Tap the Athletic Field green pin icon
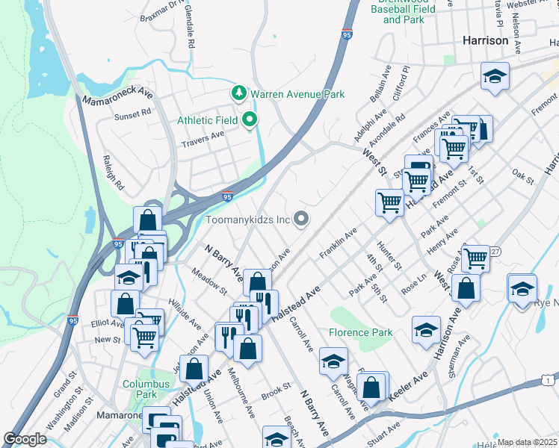pos(249,119)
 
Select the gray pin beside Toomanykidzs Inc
pos(301,219)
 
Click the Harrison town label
pos(486,40)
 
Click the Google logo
pos(25,439)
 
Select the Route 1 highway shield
pos(549,382)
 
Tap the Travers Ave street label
pos(203,135)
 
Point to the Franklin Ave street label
pos(339,242)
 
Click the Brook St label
pos(276,390)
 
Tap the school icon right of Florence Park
pos(426,330)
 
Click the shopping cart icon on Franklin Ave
pos(389,202)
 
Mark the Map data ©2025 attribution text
pos(527,442)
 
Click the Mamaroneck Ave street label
pos(117,97)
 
